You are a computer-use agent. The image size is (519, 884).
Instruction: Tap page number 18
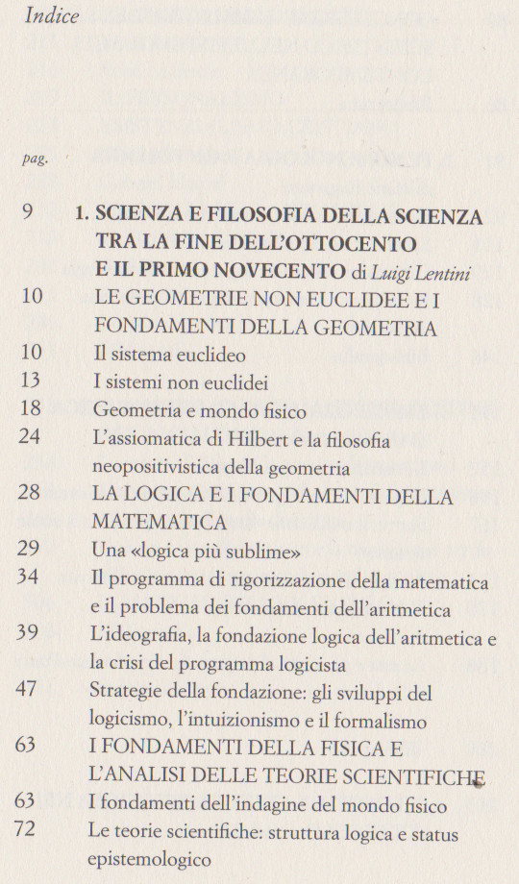click(x=32, y=411)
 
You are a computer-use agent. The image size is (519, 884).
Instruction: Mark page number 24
click(x=32, y=441)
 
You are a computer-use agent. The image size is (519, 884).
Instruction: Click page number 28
click(x=32, y=497)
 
